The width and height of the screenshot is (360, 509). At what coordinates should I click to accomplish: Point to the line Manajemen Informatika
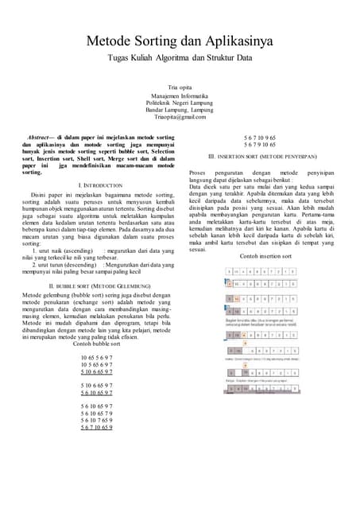[x=180, y=95]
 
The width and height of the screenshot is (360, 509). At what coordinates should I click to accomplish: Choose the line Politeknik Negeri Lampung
[x=180, y=103]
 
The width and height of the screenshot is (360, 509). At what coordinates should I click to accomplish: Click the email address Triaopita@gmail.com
[x=180, y=117]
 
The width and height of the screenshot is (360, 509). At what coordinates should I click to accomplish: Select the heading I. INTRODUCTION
[x=95, y=185]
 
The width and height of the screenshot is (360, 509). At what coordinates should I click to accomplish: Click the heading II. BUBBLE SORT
[x=95, y=284]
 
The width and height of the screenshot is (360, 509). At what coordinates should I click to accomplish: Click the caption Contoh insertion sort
[x=263, y=256]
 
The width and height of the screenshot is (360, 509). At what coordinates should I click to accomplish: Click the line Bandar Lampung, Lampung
[x=180, y=110]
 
